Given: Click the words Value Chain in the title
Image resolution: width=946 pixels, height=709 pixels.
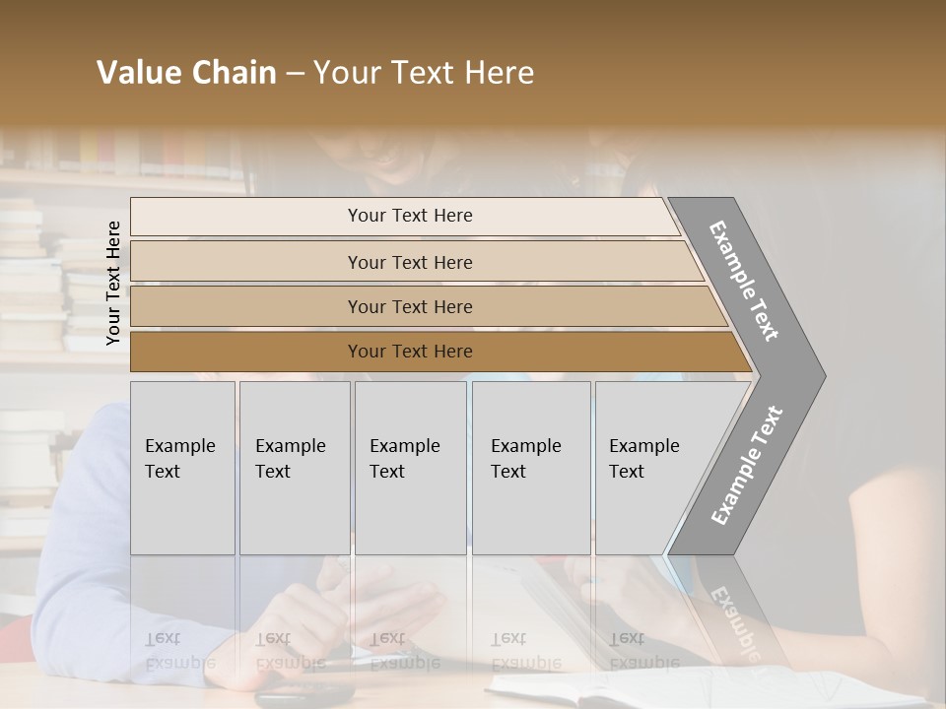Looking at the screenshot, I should [186, 73].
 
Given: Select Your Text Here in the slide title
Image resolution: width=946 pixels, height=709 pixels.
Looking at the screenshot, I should [424, 73].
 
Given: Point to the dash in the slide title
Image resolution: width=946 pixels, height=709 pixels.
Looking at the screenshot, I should [295, 74].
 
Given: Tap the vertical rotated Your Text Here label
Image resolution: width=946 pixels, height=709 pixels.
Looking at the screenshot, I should [113, 283].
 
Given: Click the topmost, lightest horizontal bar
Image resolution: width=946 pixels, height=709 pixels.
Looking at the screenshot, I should [409, 216].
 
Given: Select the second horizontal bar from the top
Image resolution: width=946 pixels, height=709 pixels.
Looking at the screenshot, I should [409, 262].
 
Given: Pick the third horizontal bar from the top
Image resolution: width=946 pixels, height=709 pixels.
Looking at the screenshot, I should [409, 306].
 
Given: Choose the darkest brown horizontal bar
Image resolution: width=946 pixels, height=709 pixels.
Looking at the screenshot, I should [409, 352].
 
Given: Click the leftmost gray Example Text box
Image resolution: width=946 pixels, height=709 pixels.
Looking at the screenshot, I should [182, 468].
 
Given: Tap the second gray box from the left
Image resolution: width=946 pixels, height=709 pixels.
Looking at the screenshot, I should [295, 468].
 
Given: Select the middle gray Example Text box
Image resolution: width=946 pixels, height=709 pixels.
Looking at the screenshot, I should [410, 468].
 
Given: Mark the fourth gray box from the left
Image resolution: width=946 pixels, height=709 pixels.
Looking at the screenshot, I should [531, 468].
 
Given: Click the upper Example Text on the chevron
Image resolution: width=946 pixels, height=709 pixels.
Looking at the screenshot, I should [745, 282].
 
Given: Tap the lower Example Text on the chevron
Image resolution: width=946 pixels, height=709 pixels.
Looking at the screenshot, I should [747, 465].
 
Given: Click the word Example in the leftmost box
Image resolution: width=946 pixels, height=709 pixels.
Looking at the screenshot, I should [179, 446].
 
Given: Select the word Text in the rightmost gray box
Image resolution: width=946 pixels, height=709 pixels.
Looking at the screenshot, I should [626, 472].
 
